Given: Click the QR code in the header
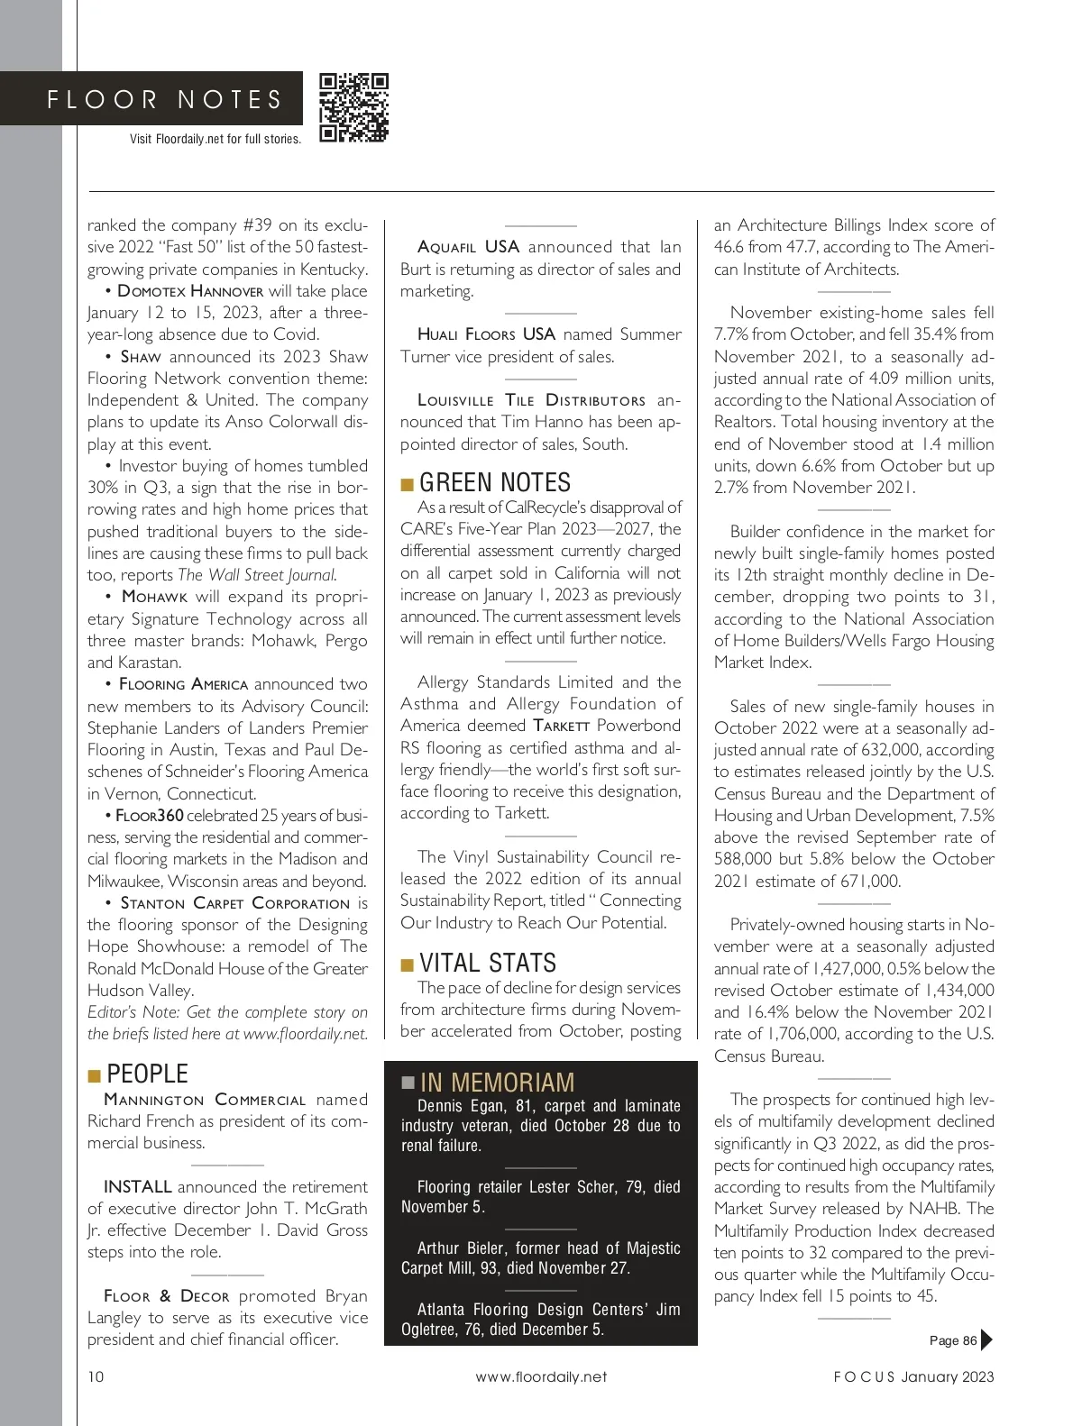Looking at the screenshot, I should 353,108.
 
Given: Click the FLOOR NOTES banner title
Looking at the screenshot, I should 165,99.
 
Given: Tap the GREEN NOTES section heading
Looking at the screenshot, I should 495,483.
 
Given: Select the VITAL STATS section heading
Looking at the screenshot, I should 488,964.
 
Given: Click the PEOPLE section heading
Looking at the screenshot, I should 147,1074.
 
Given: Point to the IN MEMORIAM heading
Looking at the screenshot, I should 497,1083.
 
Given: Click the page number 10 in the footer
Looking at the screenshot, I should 96,1376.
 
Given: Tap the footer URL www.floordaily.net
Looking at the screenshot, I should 541,1376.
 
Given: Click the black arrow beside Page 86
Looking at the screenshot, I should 986,1339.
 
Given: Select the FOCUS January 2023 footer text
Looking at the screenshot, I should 913,1376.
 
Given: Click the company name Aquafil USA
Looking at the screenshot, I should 469,247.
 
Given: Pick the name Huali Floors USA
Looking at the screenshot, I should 486,334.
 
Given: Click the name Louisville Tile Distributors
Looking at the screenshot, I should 531,400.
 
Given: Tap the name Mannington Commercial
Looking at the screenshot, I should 205,1100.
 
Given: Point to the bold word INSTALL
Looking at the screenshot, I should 137,1187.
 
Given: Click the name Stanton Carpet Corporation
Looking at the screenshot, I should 234,903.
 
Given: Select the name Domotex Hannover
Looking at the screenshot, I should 190,291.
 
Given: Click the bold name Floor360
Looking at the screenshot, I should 150,816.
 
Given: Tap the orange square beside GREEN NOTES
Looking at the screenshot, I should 408,486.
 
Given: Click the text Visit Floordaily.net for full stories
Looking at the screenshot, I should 215,139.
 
